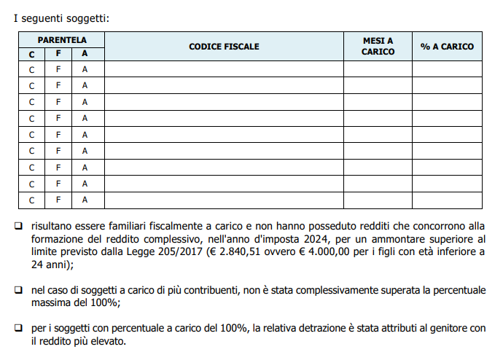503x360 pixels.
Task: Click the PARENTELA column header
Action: [62, 39]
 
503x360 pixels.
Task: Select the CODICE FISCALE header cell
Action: [224, 47]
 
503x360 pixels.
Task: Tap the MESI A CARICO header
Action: [378, 46]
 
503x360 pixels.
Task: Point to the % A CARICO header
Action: [447, 47]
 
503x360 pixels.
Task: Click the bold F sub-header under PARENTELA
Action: [58, 53]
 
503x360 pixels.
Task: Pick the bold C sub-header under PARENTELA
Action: [32, 53]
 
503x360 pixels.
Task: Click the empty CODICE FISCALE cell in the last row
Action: [224, 200]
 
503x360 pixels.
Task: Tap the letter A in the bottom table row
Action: [85, 200]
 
